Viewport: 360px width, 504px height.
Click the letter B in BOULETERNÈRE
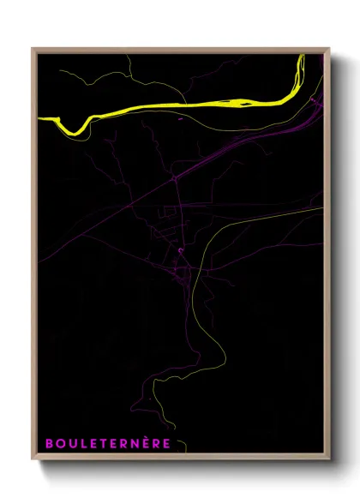pyautogui.click(x=49, y=443)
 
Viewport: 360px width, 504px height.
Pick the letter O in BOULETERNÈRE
pyautogui.click(x=60, y=443)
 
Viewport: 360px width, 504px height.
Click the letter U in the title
pyautogui.click(x=72, y=443)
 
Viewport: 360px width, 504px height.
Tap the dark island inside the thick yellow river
pyautogui.click(x=241, y=103)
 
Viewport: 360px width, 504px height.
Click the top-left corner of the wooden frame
pyautogui.click(x=33, y=49)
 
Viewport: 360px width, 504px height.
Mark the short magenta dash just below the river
pyautogui.click(x=180, y=119)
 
